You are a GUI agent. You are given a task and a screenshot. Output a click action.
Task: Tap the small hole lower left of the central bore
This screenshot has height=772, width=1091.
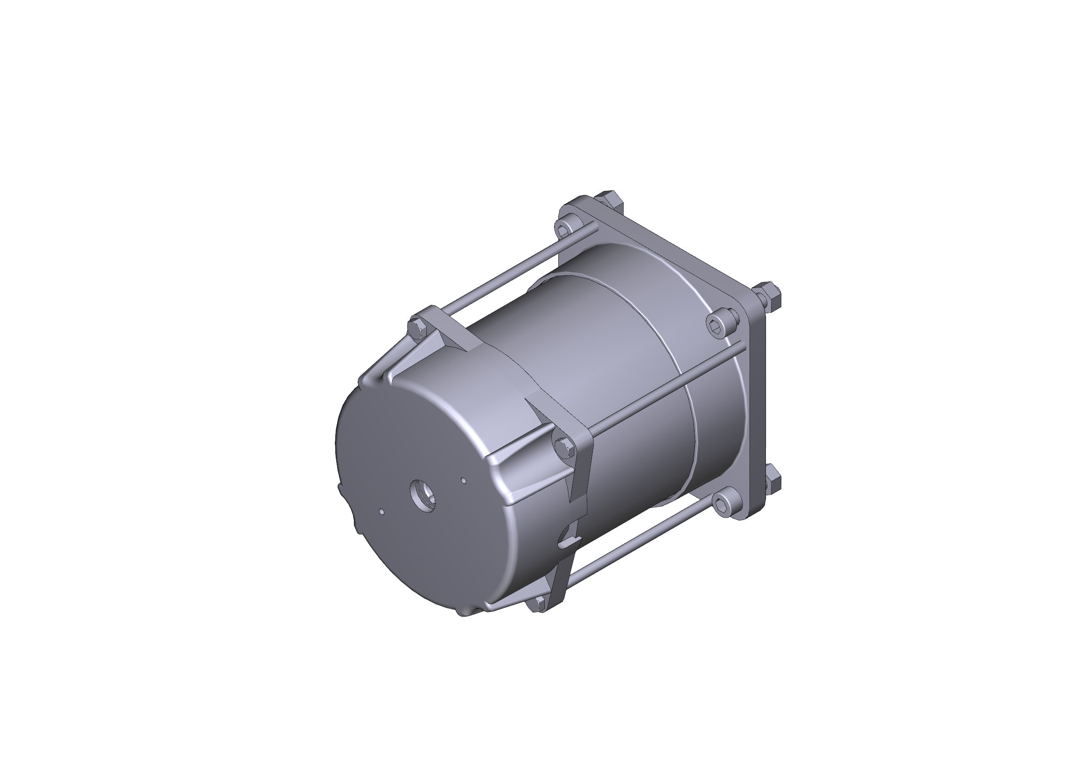coord(382,512)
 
